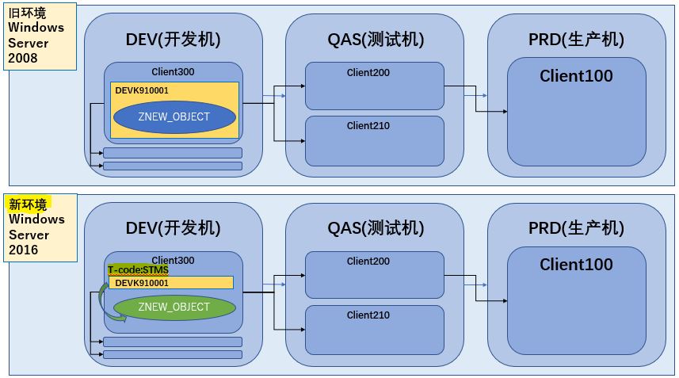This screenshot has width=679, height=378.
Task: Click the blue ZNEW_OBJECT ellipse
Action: point(174,117)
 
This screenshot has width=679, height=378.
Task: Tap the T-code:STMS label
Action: point(138,270)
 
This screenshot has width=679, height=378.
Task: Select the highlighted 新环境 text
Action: point(28,204)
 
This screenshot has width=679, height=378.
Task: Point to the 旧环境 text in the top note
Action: point(28,13)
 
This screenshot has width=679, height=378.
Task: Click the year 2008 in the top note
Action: point(23,58)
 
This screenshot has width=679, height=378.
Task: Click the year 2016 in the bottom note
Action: point(23,250)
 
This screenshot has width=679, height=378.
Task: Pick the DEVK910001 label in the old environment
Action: point(142,90)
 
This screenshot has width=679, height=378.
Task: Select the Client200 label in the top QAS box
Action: point(368,73)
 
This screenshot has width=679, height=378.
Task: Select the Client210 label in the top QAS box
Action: point(368,126)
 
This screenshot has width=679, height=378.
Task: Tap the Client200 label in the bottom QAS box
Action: point(368,262)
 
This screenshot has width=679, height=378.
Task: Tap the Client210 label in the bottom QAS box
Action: point(368,315)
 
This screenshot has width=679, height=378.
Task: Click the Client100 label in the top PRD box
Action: point(576,76)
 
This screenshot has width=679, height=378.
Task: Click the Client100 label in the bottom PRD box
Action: point(576,265)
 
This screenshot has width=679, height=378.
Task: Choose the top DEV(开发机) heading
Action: point(173,40)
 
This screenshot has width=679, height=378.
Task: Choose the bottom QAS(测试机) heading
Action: point(376,228)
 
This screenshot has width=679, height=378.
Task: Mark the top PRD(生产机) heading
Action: point(576,40)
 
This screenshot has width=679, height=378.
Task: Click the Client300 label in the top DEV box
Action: point(173,72)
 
